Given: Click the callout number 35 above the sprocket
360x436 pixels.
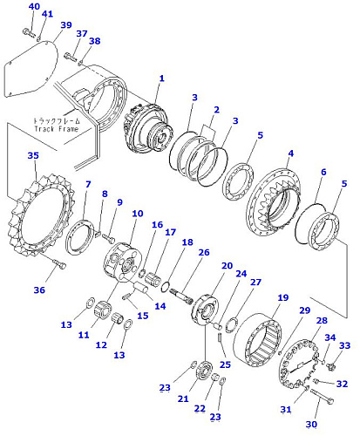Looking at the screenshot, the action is click(x=33, y=155).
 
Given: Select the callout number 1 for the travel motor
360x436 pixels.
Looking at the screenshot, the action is click(x=161, y=78).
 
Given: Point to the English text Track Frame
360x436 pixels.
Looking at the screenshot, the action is click(x=57, y=129).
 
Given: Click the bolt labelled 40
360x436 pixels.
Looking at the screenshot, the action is click(x=29, y=32).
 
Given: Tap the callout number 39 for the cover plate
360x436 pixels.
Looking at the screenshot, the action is click(x=66, y=25).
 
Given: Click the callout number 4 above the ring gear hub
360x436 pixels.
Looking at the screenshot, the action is click(x=290, y=153).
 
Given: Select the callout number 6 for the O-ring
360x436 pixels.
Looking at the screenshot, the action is click(x=323, y=172).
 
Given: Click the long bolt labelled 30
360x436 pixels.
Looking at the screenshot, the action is click(x=322, y=396).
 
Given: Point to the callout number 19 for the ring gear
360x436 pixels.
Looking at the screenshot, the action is click(x=282, y=297).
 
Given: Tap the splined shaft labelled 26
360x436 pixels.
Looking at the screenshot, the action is click(x=181, y=296).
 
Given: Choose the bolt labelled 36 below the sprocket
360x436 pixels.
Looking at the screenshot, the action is click(x=59, y=264).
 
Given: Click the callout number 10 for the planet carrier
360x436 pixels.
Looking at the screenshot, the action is click(x=138, y=214).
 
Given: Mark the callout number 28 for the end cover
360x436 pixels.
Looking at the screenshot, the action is click(x=322, y=320).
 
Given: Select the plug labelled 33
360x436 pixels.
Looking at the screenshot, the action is click(x=330, y=365).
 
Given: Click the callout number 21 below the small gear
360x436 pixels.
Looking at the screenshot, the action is click(x=183, y=399).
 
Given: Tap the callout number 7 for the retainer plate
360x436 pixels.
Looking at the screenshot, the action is click(x=88, y=184).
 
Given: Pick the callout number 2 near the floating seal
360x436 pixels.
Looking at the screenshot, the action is click(x=216, y=110).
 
